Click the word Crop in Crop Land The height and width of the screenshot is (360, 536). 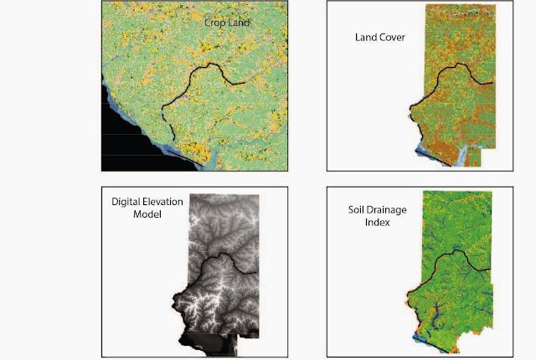[215, 24]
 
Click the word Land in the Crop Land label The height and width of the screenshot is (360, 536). [239, 24]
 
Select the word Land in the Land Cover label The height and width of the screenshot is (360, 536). [365, 38]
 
